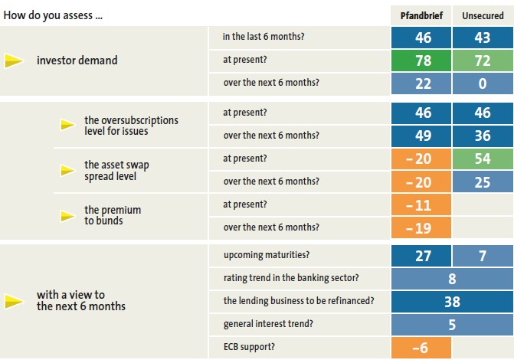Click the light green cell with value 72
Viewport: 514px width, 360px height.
[483, 60]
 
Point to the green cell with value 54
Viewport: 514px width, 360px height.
[483, 159]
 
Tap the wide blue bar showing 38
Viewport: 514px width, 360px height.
[451, 302]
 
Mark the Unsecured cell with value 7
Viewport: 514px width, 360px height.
[483, 256]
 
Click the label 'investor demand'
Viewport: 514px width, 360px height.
[77, 61]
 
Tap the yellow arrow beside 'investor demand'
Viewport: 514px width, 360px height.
[14, 61]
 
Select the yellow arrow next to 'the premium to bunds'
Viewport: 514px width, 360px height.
[67, 215]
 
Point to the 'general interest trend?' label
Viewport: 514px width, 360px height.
[268, 324]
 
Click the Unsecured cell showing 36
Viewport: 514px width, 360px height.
[483, 135]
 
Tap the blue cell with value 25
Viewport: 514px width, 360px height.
[483, 182]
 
